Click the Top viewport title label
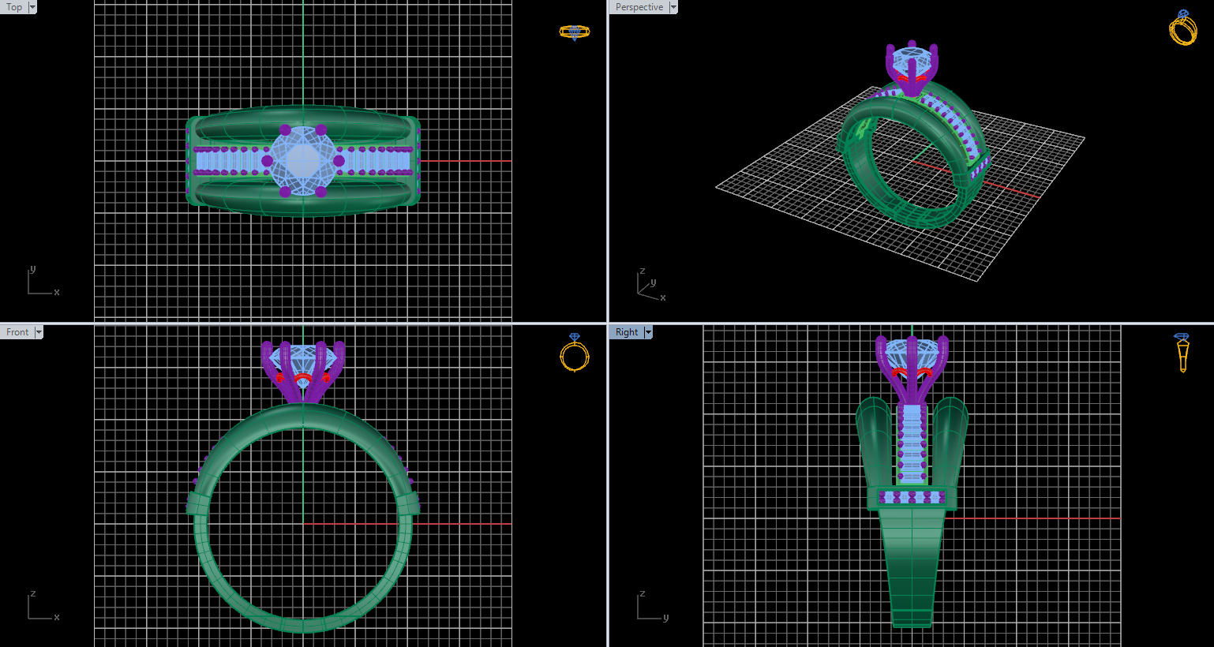(14, 7)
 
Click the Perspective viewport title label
(639, 7)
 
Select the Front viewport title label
(17, 332)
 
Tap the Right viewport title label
(626, 332)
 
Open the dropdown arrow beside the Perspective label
(673, 7)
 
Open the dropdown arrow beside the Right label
(648, 332)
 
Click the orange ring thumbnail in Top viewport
(574, 32)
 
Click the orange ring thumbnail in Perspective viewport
(1182, 29)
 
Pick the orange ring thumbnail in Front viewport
(574, 353)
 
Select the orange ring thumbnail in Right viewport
(1182, 353)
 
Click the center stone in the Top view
(303, 161)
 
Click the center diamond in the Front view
(303, 359)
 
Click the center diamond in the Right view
(912, 353)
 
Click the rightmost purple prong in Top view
(339, 161)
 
